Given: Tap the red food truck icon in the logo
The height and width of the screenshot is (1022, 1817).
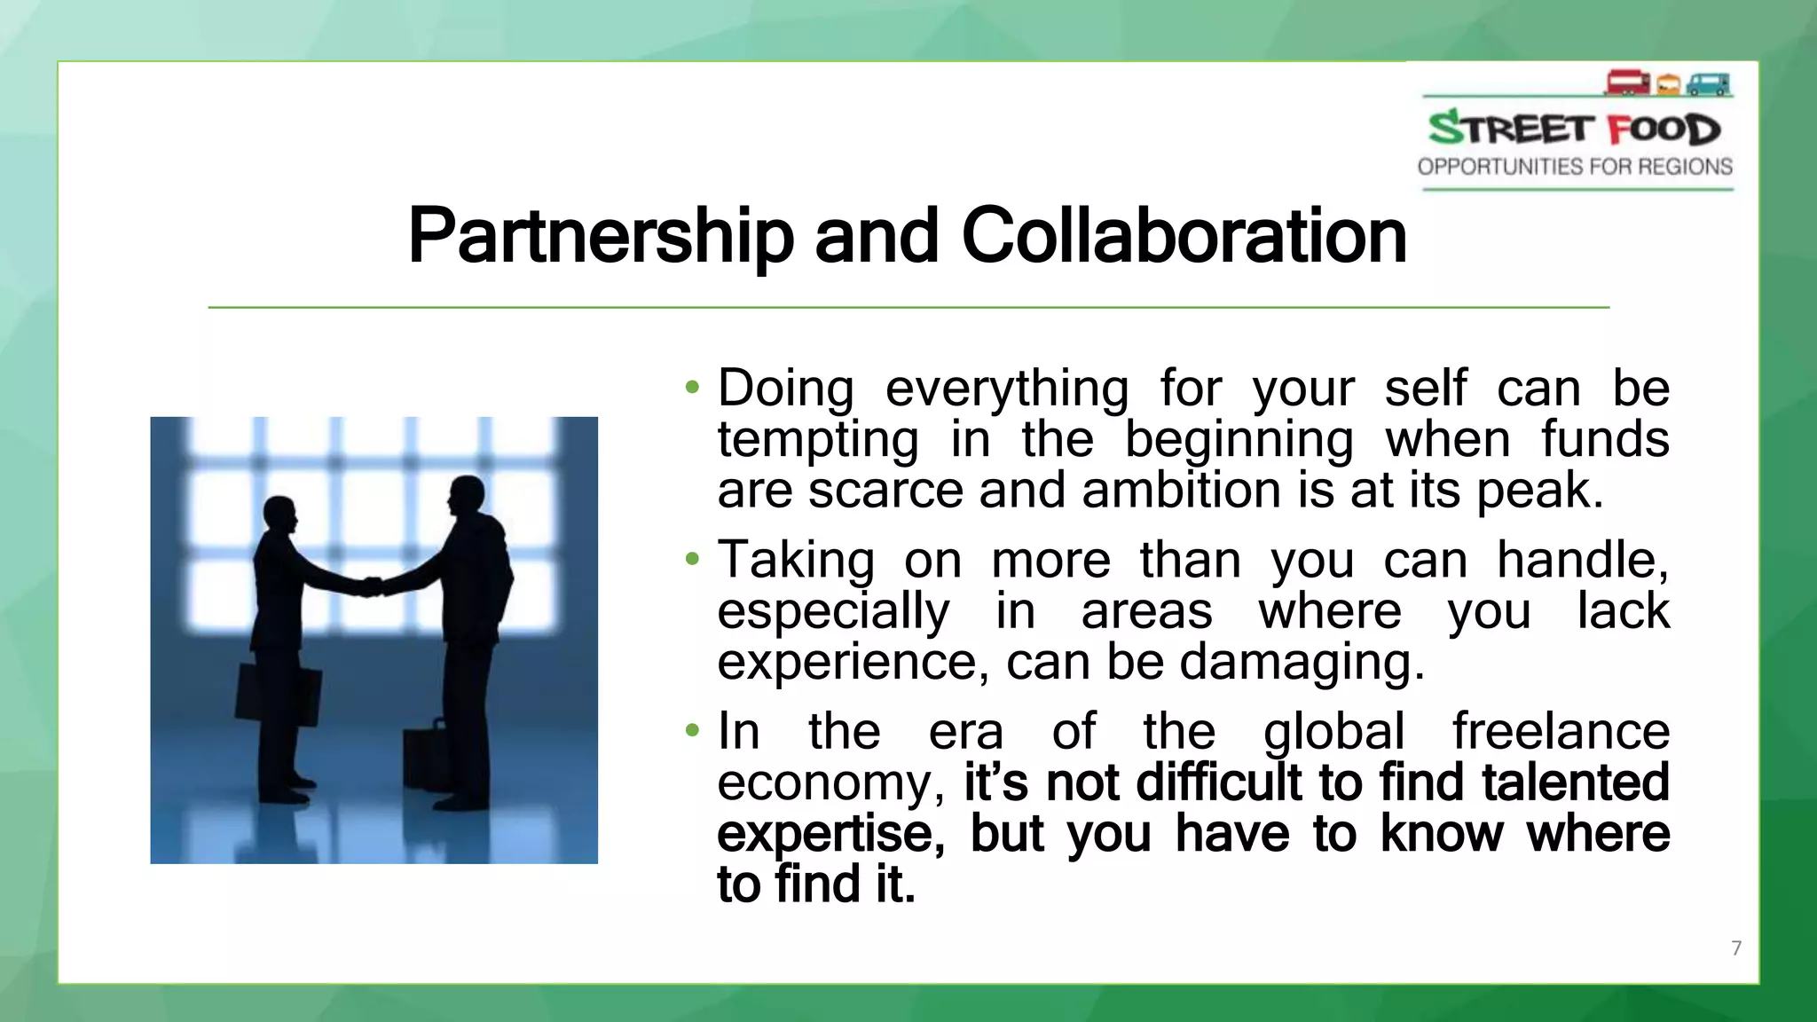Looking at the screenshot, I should pyautogui.click(x=1627, y=83).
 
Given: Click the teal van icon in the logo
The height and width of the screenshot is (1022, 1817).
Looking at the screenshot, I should pyautogui.click(x=1708, y=84).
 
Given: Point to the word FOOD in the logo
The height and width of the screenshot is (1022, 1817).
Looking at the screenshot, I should pyautogui.click(x=1664, y=130).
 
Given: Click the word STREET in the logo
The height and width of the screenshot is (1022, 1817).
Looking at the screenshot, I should pyautogui.click(x=1512, y=129).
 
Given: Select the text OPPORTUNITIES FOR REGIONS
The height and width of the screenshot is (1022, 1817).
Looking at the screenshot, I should pyautogui.click(x=1575, y=167).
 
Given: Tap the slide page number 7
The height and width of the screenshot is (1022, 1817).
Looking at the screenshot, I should pyautogui.click(x=1736, y=948).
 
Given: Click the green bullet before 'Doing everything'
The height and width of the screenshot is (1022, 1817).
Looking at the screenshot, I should pyautogui.click(x=692, y=388).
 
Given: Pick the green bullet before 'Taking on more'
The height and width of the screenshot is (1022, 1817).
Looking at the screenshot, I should pyautogui.click(x=692, y=560).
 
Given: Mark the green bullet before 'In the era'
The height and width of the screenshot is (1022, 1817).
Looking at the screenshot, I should pyautogui.click(x=692, y=732).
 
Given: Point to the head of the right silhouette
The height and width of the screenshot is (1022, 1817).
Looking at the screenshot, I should pyautogui.click(x=467, y=495).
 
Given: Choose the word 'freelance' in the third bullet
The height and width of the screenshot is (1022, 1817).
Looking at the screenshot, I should pyautogui.click(x=1561, y=732).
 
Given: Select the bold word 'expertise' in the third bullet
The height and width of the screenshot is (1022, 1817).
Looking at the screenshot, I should pyautogui.click(x=830, y=835).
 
